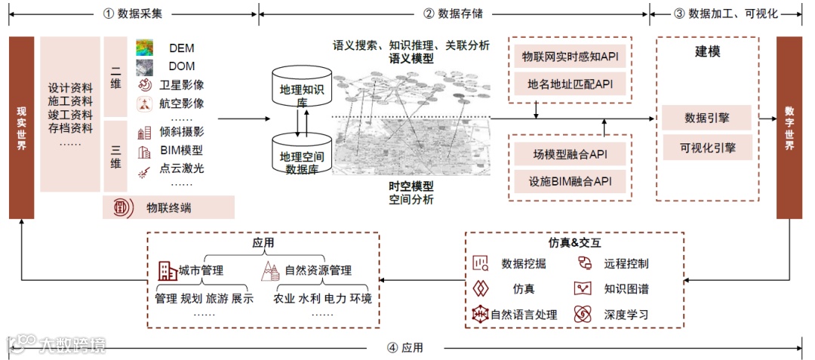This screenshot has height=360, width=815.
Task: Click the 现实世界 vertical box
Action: [x=22, y=128]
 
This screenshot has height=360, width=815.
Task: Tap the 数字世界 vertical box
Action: [x=789, y=128]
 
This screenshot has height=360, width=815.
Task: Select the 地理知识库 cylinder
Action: [x=302, y=89]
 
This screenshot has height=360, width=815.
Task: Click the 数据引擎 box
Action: [x=706, y=118]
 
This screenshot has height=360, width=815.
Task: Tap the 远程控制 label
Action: [x=626, y=263]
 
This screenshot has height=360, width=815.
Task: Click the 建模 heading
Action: [x=707, y=52]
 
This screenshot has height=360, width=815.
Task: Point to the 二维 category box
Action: [x=115, y=76]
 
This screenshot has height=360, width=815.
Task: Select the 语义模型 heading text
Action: [x=411, y=58]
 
